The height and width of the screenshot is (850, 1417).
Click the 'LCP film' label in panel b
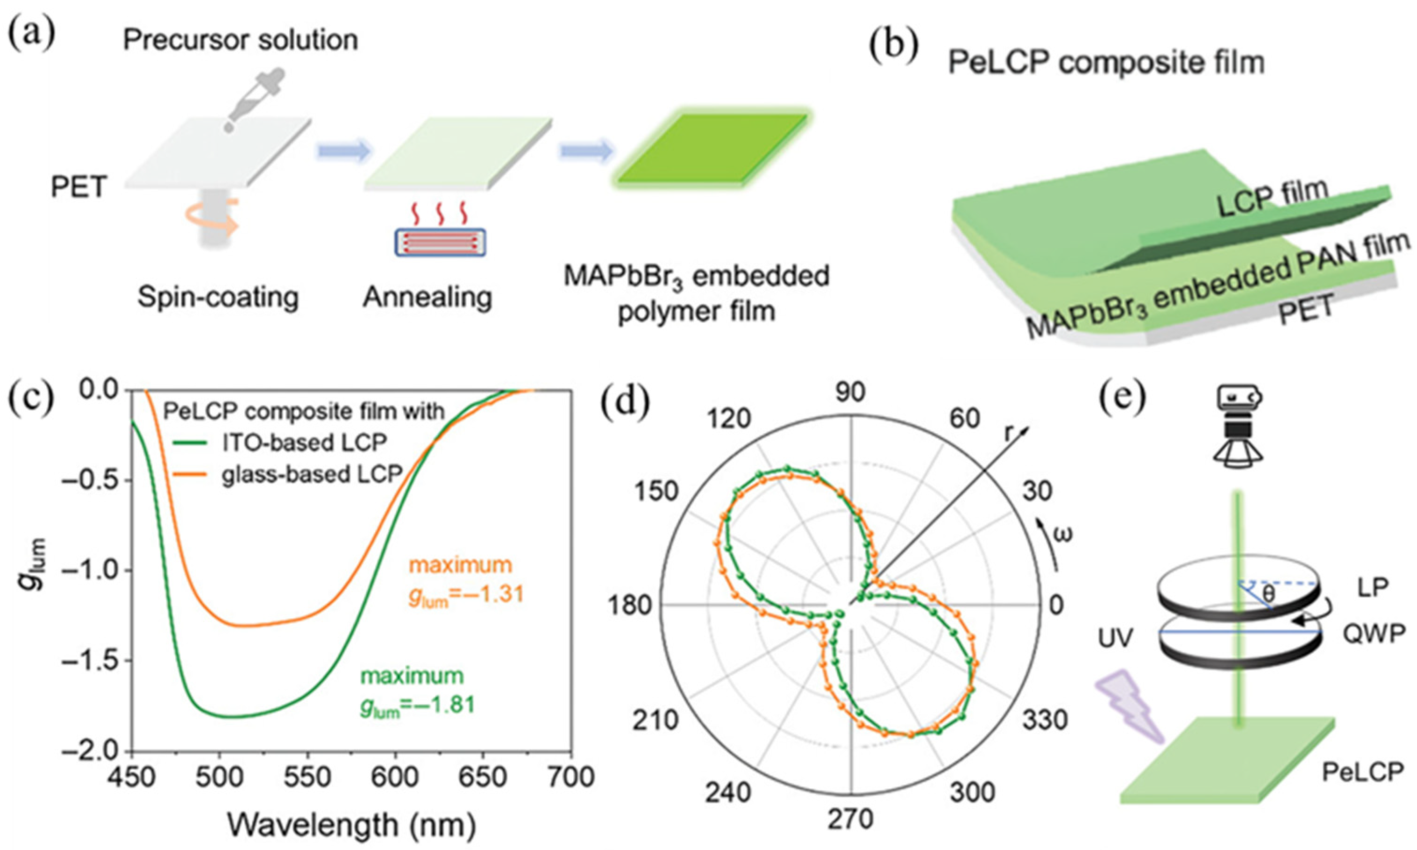[x=1271, y=196]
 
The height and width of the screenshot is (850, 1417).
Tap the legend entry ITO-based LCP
[x=303, y=442]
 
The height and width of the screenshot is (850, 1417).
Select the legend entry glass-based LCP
[x=312, y=474]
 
